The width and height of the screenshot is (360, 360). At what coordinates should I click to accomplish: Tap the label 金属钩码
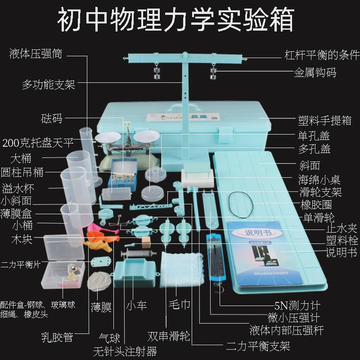pos(315,72)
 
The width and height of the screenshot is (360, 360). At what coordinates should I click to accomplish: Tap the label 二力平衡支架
pos(258,346)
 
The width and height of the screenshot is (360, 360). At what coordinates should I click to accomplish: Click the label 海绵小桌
pos(319,180)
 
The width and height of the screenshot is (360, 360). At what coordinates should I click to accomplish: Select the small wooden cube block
pos(145,242)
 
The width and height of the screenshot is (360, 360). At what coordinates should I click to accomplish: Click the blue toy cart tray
pos(135,273)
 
